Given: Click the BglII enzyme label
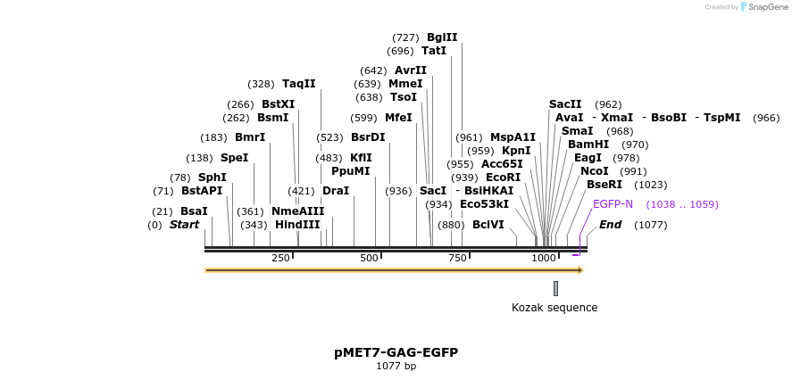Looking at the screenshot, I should click(x=442, y=37).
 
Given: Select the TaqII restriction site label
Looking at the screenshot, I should click(x=299, y=84).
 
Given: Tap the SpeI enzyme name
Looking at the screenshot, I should click(x=234, y=158).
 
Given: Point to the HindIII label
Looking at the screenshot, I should click(x=297, y=225).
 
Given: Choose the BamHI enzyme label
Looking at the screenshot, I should click(x=588, y=145).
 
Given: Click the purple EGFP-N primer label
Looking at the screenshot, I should click(x=613, y=204).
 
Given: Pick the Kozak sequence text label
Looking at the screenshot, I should click(x=554, y=308).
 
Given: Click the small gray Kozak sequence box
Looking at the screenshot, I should click(x=555, y=288).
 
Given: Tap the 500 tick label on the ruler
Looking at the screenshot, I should click(x=369, y=258).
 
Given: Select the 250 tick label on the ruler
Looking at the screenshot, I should click(x=280, y=258).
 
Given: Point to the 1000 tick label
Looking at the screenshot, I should click(x=544, y=258).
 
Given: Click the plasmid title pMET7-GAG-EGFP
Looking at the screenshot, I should click(x=396, y=352).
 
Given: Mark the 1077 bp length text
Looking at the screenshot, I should click(x=396, y=366).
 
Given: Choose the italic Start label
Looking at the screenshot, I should click(x=184, y=225).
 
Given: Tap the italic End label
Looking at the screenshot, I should click(x=610, y=225).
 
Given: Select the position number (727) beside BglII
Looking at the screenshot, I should click(x=405, y=37).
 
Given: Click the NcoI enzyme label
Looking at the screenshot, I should click(x=594, y=171).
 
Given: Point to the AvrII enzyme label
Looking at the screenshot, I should click(x=411, y=70).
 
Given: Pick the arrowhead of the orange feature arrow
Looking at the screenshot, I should click(x=580, y=269).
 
